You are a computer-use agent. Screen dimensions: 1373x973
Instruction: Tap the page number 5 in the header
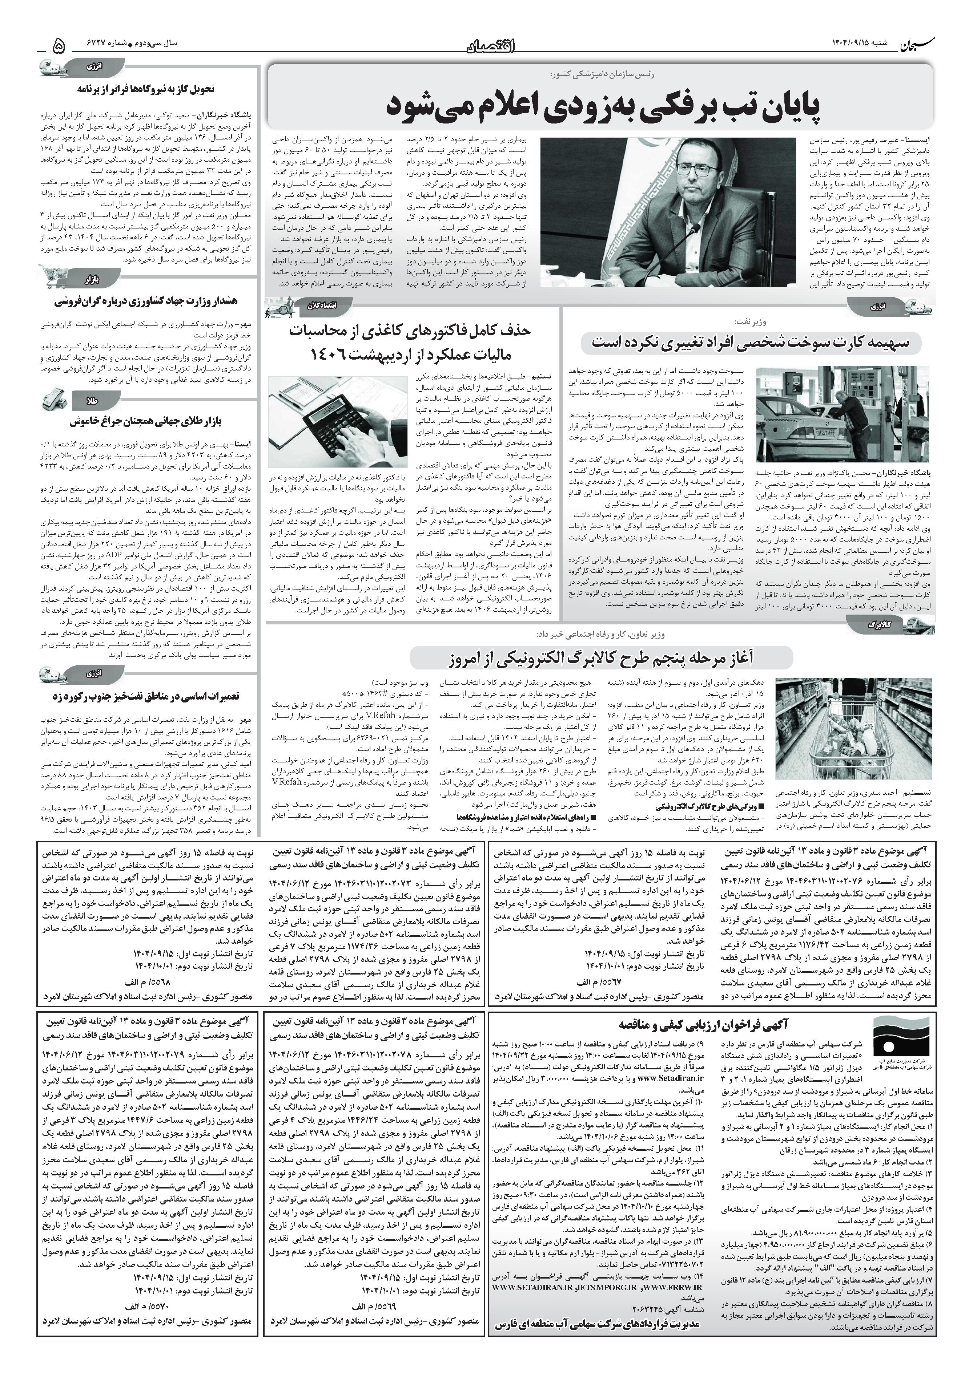coord(58,44)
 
